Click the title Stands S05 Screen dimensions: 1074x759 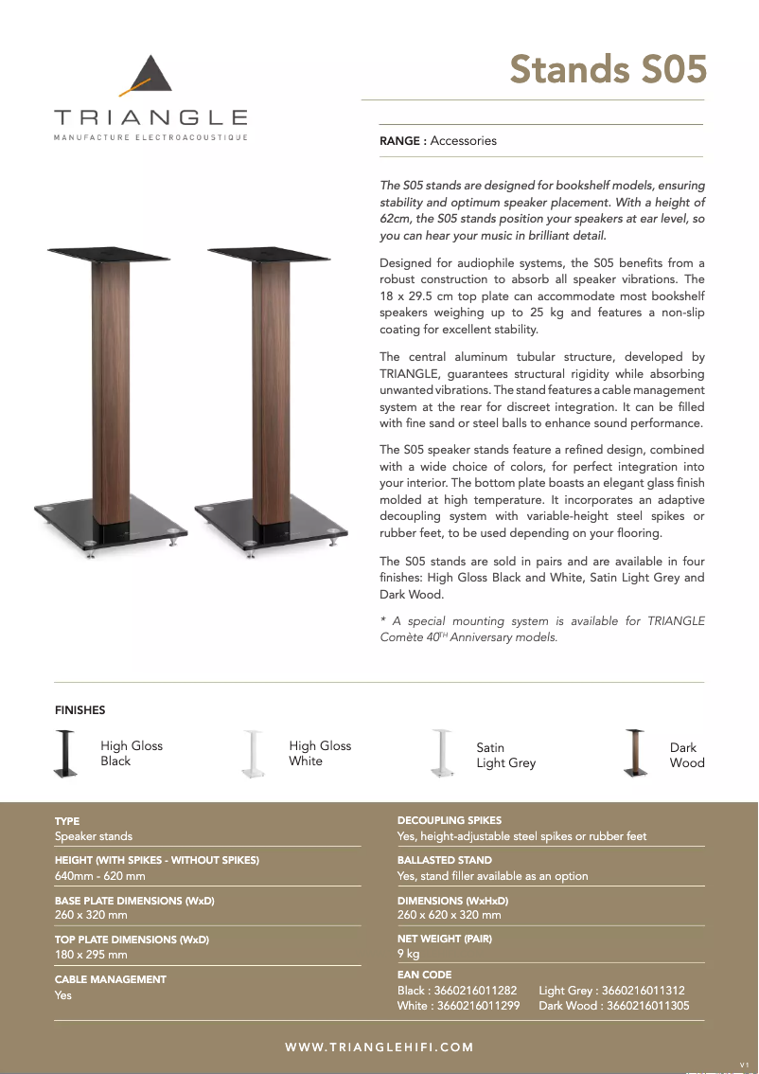pos(608,69)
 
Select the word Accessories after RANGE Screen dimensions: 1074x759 pos(463,141)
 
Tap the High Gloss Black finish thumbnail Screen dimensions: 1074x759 pos(65,754)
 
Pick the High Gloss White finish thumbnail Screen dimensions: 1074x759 pos(253,754)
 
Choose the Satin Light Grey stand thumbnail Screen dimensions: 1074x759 pos(441,754)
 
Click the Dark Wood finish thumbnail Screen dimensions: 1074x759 pos(635,754)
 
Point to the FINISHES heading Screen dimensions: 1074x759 pos(80,710)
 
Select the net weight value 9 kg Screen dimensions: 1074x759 pos(408,954)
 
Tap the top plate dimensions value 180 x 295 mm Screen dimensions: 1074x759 pos(91,955)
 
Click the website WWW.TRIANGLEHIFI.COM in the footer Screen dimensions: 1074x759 pos(379,1047)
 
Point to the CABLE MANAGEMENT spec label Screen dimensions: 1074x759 pos(111,979)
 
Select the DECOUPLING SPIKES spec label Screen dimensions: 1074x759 pos(450,820)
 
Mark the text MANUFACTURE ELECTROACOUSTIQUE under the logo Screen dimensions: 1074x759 pos(151,137)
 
